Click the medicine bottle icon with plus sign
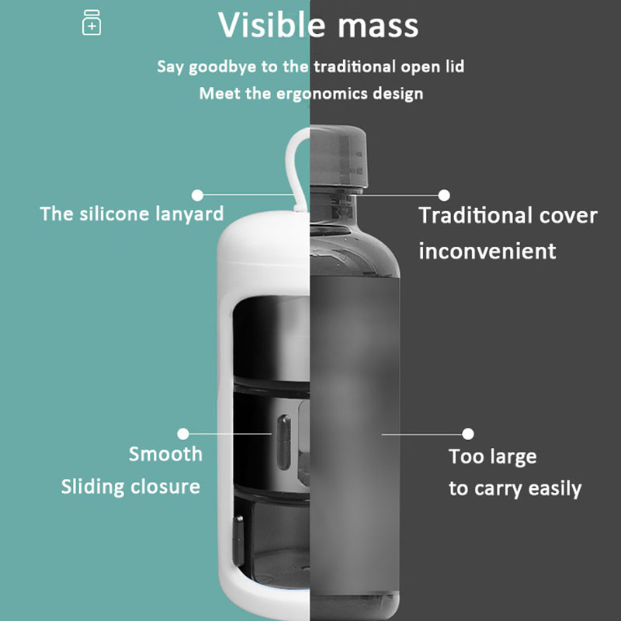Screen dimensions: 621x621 coord(92,23)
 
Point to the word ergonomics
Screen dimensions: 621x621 coord(322,94)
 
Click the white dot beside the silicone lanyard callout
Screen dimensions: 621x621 coord(197,195)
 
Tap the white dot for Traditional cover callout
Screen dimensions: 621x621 coord(444,195)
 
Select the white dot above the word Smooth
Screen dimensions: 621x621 coord(183,434)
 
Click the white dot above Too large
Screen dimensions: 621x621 coord(468,434)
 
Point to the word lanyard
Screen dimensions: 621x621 coord(189,214)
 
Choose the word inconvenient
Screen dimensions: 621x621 coord(487,251)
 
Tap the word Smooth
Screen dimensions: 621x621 coord(165,454)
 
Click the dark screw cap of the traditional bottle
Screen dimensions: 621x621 coord(338,155)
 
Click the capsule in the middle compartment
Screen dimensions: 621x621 coord(283,442)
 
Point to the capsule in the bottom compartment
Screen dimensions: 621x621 coord(238,540)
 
